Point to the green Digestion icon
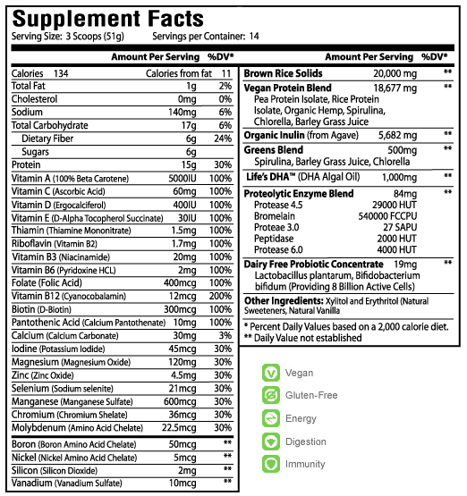[x=268, y=442]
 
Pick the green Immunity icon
[x=268, y=464]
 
